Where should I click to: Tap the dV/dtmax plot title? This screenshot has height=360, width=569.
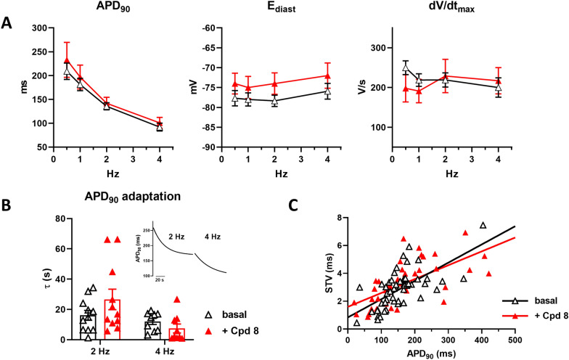coord(465,9)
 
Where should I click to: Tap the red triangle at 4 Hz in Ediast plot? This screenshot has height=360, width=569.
coord(328,75)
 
